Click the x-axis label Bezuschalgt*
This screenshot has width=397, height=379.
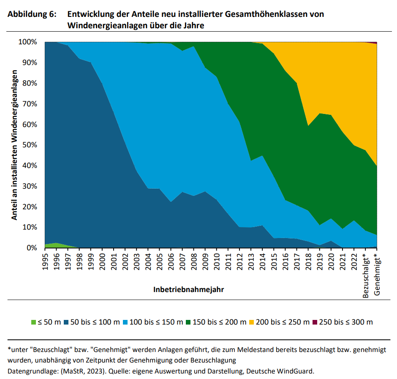coord(366,275)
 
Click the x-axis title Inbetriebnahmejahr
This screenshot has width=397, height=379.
coord(188,290)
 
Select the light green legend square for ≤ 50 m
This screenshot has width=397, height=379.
coord(34,322)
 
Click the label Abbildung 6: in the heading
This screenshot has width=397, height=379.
coord(32,14)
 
